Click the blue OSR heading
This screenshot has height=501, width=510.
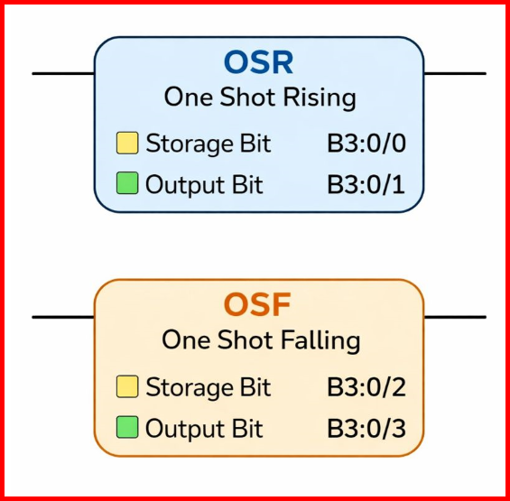[x=259, y=62]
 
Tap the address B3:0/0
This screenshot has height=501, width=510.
[x=366, y=144]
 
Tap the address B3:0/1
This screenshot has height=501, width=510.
[x=366, y=185]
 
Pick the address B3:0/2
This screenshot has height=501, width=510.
[x=366, y=387]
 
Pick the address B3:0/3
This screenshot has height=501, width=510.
[x=366, y=428]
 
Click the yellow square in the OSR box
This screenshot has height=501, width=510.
[x=127, y=144]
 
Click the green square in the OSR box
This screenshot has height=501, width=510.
[x=127, y=184]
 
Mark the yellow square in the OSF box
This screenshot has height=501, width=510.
[x=127, y=387]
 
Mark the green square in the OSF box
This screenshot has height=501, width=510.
[x=127, y=428]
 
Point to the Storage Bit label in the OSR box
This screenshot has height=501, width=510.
[x=208, y=144]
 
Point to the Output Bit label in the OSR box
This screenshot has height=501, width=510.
[x=204, y=185]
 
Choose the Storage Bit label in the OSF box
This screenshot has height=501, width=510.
[x=208, y=387]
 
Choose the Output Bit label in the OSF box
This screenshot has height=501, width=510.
[x=204, y=428]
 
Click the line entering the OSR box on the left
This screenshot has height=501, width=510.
[x=63, y=73]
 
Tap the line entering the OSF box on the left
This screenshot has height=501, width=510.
[x=63, y=317]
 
